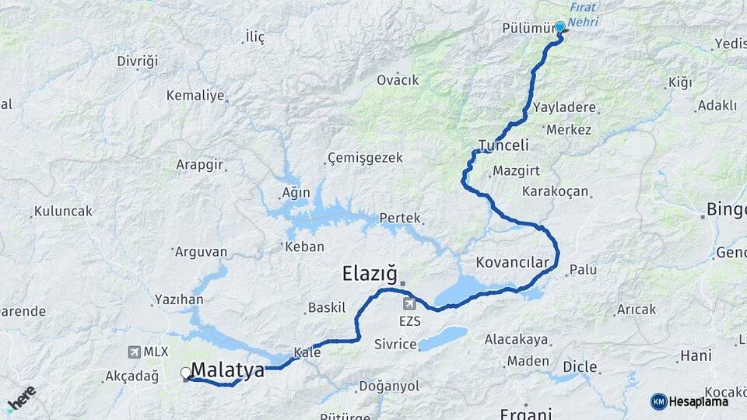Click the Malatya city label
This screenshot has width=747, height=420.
click(227, 371)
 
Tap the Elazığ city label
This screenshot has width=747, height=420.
click(370, 274)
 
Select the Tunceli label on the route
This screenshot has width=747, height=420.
click(503, 145)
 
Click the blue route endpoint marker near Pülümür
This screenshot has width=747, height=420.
click(559, 27)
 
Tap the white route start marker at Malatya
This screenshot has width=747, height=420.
click(186, 373)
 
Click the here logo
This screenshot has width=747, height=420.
click(21, 398)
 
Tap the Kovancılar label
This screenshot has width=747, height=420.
click(517, 262)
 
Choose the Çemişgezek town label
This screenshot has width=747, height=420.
click(366, 158)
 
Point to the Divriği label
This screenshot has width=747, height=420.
click(138, 61)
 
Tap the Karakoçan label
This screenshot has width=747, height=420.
click(556, 191)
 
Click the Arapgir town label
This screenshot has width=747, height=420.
click(200, 166)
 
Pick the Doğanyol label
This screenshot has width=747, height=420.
click(389, 387)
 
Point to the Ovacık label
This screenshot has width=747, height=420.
click(398, 80)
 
